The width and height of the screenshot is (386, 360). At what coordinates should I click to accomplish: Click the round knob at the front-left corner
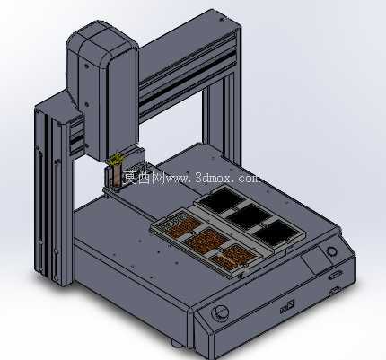(x=220, y=312)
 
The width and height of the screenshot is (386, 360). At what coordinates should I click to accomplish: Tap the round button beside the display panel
(x=331, y=251)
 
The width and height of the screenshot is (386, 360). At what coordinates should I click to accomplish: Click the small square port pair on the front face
(x=286, y=307)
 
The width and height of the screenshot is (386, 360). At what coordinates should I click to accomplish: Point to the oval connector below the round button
(x=335, y=275)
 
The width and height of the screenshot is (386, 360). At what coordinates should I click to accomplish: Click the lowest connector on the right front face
(x=335, y=291)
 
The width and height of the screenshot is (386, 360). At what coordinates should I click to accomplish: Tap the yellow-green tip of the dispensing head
(x=116, y=160)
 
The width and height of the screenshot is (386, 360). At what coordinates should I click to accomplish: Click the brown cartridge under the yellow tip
(x=117, y=176)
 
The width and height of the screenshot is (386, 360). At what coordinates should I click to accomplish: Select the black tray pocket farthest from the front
(x=221, y=199)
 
